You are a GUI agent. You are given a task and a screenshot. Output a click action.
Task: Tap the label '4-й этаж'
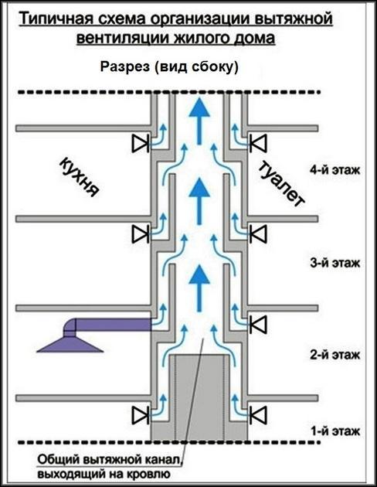pos(335,170)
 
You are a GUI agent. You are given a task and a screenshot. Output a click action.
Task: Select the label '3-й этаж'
pos(335,263)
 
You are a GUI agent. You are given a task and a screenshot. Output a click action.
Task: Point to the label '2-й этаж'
pos(335,355)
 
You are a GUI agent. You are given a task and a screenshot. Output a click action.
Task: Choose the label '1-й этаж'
pos(336,431)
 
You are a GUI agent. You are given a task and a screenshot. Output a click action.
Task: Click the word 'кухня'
pos(80,178)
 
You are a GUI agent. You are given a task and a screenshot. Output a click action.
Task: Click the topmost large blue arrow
pos(199,121)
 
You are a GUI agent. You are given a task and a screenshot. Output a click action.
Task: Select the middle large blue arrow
pos(199,202)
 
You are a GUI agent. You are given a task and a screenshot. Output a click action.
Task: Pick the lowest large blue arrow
pos(199,289)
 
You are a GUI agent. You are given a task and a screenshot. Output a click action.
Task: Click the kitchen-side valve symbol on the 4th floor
pos(141,144)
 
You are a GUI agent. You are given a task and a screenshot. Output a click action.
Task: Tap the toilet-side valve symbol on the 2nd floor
pos(258,325)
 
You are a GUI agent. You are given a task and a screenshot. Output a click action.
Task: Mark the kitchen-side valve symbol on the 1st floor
pos(141,416)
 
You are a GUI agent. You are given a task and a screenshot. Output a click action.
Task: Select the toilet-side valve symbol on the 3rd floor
pos(258,233)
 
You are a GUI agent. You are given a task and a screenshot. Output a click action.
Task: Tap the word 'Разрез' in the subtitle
pos(124,66)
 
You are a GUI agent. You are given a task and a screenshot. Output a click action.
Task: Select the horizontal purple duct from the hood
pos(108,325)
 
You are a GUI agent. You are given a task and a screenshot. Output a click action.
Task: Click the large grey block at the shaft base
pos(199,397)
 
